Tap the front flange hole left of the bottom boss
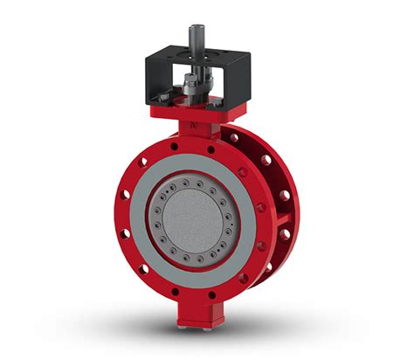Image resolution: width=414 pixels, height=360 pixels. [174, 292]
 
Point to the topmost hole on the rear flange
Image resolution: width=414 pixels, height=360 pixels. [234, 137]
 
